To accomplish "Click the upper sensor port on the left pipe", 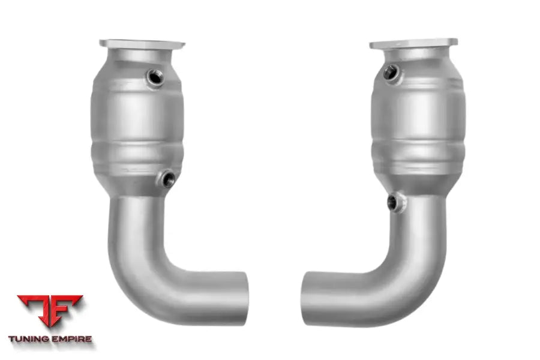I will click(155, 77).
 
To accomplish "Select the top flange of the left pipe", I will click(142, 44).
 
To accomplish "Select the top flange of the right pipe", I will click(413, 43).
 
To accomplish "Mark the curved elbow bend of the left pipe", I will click(141, 270).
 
